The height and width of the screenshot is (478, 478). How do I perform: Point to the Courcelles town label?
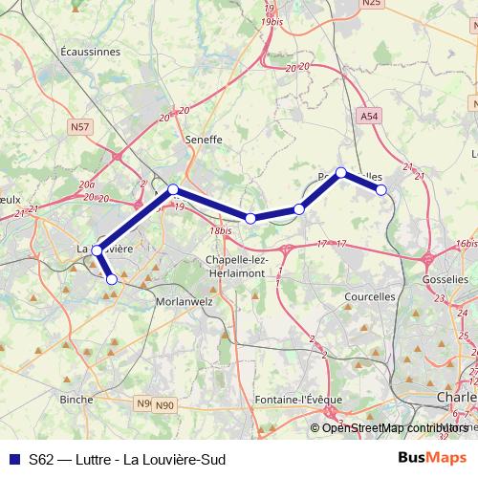(x=368, y=296)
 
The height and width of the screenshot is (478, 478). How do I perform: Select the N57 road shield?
(x=80, y=125)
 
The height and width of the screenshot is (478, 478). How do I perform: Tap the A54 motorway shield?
(x=370, y=115)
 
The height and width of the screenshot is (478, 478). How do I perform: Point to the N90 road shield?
(x=165, y=404)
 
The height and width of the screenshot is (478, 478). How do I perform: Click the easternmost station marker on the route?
(x=381, y=189)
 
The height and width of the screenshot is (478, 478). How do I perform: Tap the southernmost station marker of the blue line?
(x=112, y=279)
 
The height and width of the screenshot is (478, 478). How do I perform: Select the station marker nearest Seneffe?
(x=173, y=189)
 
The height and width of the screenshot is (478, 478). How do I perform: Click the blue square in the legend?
(x=12, y=459)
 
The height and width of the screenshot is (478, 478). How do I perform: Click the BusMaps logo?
(x=439, y=458)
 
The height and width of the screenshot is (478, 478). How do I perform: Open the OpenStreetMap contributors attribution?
(x=395, y=427)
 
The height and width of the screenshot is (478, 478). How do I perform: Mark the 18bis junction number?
(x=221, y=230)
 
